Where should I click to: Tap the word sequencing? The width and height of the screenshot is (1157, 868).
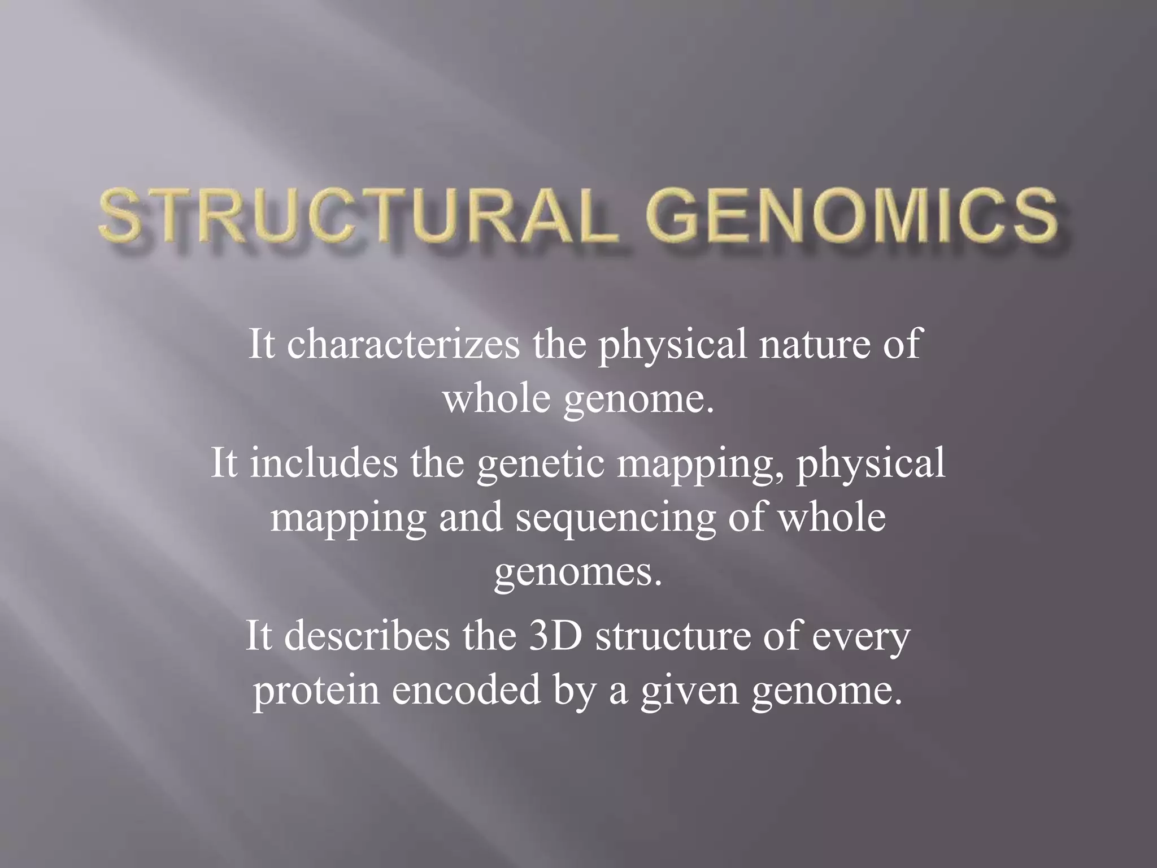(x=615, y=519)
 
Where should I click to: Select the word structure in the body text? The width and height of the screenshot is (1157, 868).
(x=672, y=635)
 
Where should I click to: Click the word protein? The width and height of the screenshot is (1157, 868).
(x=316, y=691)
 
